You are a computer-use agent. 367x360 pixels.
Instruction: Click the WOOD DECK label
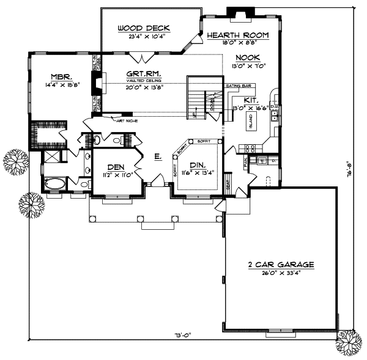click(x=144, y=28)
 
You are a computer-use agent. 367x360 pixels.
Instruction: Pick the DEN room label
click(x=116, y=166)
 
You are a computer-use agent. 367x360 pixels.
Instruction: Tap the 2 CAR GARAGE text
click(x=281, y=265)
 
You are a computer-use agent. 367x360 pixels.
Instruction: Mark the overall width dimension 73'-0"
click(x=183, y=334)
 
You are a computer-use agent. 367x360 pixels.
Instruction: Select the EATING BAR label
click(x=237, y=86)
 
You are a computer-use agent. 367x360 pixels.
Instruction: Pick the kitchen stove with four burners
click(x=250, y=147)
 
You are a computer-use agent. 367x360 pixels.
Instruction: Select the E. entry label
click(x=157, y=158)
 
